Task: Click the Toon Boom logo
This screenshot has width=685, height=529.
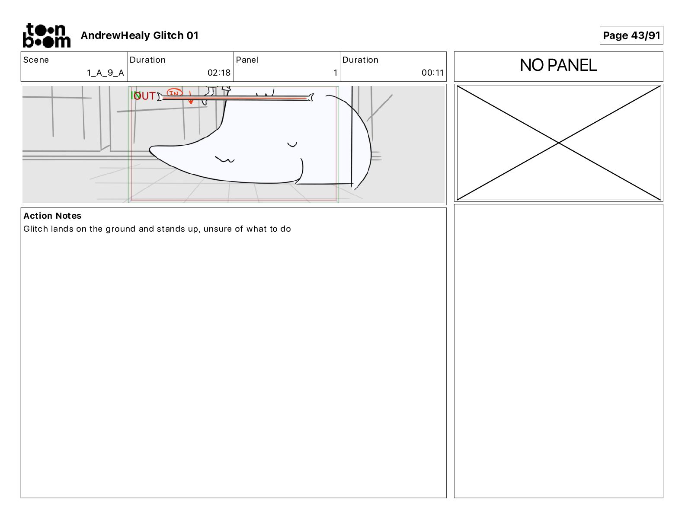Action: point(47,35)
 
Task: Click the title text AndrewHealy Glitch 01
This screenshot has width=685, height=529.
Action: point(140,35)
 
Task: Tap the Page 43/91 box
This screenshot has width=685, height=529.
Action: point(631,35)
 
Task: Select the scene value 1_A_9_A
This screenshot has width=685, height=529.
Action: point(106,73)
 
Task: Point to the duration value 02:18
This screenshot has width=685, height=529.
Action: point(219,73)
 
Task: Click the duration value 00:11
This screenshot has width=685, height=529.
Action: point(432,73)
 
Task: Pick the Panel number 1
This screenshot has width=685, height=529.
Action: point(336,73)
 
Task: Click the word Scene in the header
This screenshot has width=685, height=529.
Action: point(36,60)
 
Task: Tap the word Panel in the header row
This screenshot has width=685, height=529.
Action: point(247,60)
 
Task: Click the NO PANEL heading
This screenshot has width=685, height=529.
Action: point(558,65)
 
